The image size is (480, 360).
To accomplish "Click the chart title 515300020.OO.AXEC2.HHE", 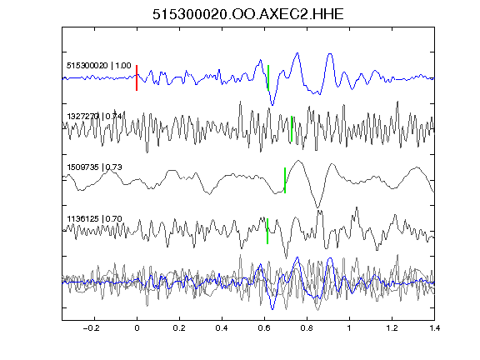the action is (x=248, y=14).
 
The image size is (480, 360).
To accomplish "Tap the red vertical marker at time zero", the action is (x=137, y=77).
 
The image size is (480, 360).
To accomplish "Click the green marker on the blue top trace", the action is (x=268, y=77).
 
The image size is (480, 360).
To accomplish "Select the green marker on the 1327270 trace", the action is (x=292, y=129).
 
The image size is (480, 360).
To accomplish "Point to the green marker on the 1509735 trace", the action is (x=285, y=180).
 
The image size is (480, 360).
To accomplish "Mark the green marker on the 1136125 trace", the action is (x=267, y=231).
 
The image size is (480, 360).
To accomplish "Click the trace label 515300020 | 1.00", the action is (x=99, y=66).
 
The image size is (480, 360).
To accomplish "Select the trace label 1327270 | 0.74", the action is (x=94, y=117).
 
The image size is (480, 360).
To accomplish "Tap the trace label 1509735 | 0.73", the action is (x=94, y=167).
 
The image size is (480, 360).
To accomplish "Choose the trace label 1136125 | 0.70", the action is (x=94, y=218).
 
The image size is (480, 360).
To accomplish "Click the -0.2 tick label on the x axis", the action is (x=92, y=328).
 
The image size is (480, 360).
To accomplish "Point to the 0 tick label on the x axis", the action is (x=137, y=328).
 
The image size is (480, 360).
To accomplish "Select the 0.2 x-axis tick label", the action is (x=179, y=328).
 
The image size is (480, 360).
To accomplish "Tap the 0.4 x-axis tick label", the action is (x=222, y=328).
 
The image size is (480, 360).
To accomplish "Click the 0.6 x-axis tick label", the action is (x=264, y=328).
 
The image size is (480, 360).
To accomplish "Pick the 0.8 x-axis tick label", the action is (x=307, y=328).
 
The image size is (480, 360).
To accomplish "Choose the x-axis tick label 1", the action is (x=349, y=328).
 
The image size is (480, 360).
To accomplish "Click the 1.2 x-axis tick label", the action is (x=392, y=328).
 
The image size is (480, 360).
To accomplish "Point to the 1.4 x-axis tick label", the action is (x=434, y=328).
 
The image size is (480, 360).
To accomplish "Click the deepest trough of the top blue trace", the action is (x=272, y=105).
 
